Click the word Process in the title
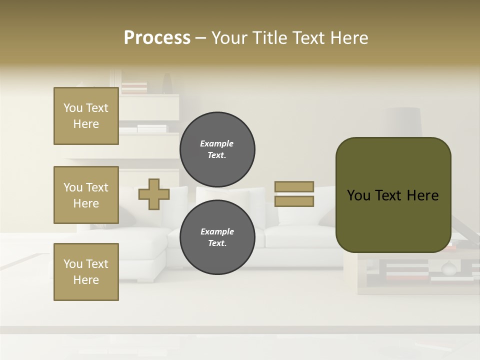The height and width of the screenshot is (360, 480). pyautogui.click(x=157, y=38)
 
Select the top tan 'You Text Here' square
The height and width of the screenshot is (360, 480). pyautogui.click(x=86, y=116)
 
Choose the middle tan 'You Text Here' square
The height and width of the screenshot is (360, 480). pyautogui.click(x=86, y=195)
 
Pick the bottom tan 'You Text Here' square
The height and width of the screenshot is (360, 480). pyautogui.click(x=86, y=272)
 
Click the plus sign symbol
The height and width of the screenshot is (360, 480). pyautogui.click(x=153, y=194)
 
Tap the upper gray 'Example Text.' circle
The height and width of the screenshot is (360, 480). pyautogui.click(x=217, y=149)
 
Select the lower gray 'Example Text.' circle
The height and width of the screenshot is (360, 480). pyautogui.click(x=217, y=237)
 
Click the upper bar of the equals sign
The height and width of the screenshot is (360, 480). pyautogui.click(x=294, y=186)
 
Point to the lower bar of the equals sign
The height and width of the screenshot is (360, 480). pyautogui.click(x=294, y=201)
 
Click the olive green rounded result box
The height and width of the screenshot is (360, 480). pyautogui.click(x=393, y=195)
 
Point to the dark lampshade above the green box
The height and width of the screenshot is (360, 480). pyautogui.click(x=406, y=121)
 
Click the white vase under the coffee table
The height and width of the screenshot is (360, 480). pyautogui.click(x=448, y=269)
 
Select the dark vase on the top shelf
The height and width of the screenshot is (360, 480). pyautogui.click(x=167, y=83)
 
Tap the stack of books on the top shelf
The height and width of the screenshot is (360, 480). pyautogui.click(x=134, y=88)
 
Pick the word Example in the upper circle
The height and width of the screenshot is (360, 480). pyautogui.click(x=217, y=143)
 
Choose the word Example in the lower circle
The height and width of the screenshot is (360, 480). pyautogui.click(x=217, y=231)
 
